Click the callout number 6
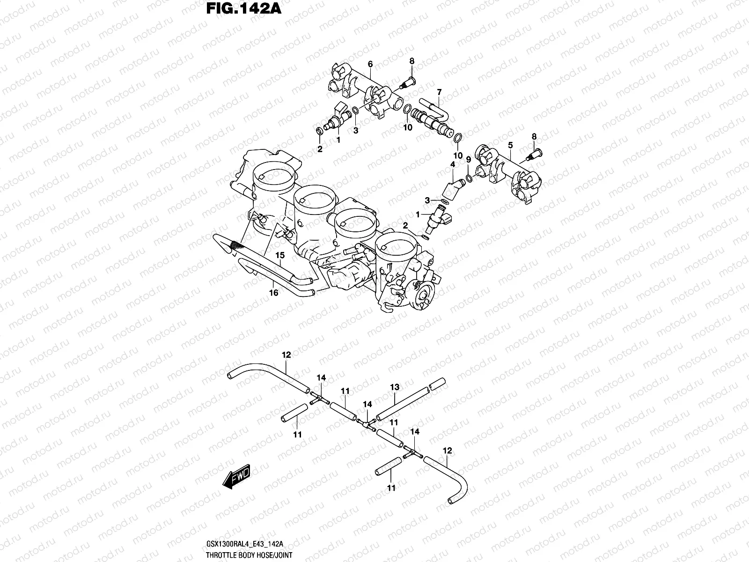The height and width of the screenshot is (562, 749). click(370, 64)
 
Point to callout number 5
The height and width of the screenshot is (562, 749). click(510, 145)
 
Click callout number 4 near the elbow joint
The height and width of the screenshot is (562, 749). click(453, 164)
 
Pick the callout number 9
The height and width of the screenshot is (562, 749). click(468, 160)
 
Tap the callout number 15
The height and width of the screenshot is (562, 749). click(280, 255)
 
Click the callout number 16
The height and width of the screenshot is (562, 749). click(274, 293)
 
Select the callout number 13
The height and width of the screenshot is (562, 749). click(395, 387)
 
